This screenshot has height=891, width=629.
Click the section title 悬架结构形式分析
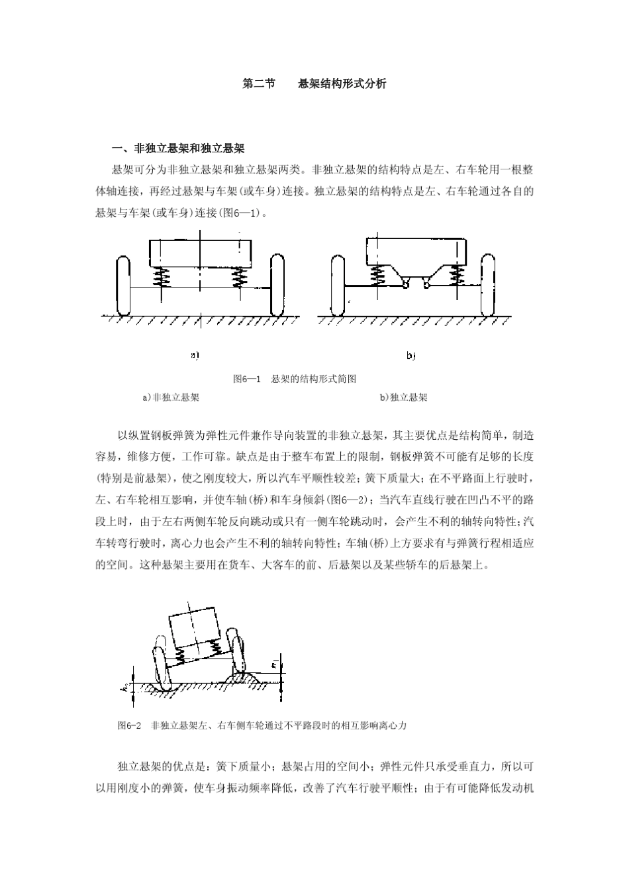[342, 84]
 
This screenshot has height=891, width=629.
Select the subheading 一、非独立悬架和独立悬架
[179, 148]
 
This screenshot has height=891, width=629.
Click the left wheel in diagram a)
[123, 286]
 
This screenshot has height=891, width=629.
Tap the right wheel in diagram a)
[277, 286]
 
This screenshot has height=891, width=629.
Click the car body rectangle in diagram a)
[200, 252]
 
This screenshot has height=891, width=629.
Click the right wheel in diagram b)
[489, 285]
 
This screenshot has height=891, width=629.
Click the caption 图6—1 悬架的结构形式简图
[295, 379]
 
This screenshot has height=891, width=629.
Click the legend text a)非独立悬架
[171, 397]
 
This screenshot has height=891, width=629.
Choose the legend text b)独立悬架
[403, 397]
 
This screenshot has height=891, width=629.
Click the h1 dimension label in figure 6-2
[274, 664]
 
